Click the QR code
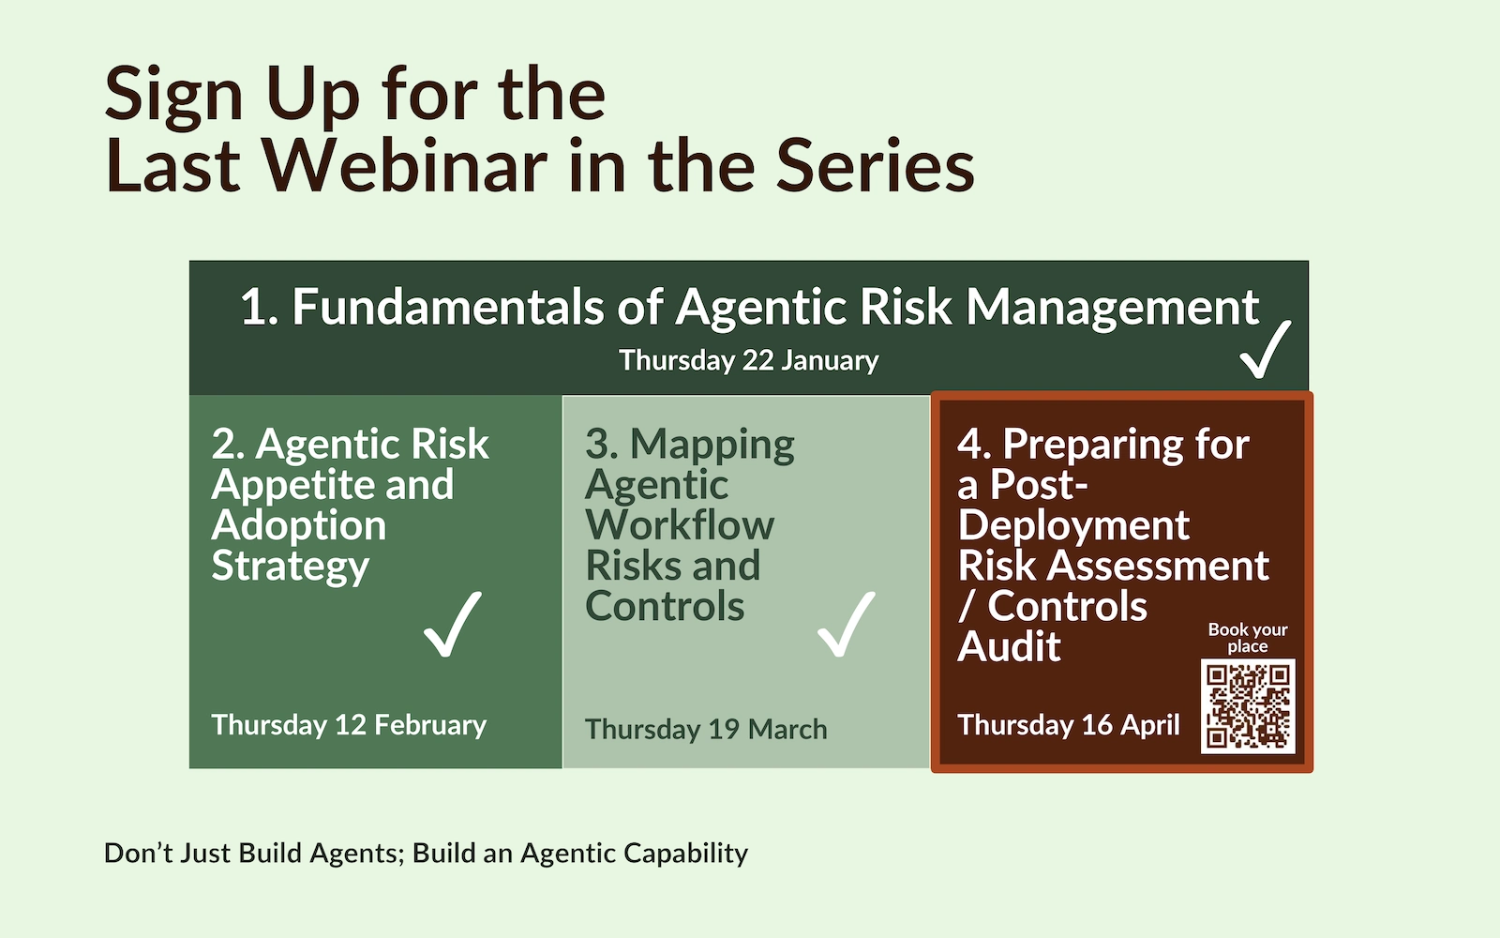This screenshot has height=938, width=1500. tap(1248, 706)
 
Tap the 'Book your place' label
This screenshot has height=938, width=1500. tap(1248, 638)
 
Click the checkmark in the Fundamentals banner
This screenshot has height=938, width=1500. tap(1265, 349)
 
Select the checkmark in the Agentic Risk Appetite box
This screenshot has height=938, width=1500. tap(453, 624)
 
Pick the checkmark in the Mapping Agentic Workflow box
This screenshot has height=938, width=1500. tap(847, 624)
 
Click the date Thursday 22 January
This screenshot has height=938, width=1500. tap(749, 360)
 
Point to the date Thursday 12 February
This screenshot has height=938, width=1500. tap(349, 725)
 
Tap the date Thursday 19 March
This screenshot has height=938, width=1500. tap(706, 729)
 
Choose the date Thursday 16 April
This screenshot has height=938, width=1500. tap(1069, 725)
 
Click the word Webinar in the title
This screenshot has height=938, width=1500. tap(404, 165)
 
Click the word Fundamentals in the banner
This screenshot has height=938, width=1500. tap(448, 308)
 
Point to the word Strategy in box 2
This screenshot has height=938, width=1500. tap(290, 567)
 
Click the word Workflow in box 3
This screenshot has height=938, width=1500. tap(680, 524)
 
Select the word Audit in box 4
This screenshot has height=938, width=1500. tap(1009, 646)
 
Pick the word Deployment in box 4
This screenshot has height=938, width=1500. tap(1073, 526)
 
